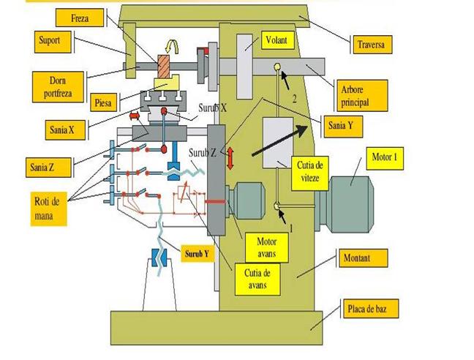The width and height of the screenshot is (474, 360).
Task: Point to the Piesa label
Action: point(104,102)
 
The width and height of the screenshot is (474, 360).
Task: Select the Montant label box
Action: point(364,258)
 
